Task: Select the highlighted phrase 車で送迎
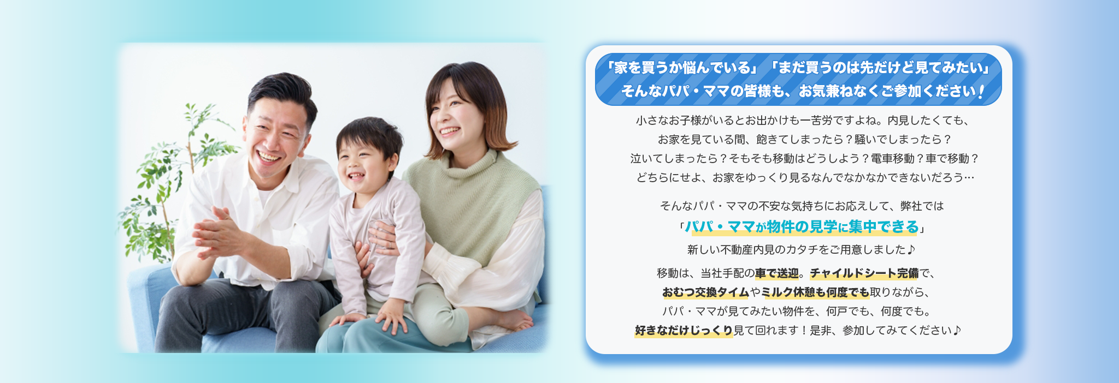(x=777, y=273)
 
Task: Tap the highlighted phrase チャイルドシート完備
(x=864, y=273)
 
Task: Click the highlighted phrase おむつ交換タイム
(x=705, y=292)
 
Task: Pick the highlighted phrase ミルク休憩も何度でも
(x=815, y=292)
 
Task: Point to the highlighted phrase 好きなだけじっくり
(x=684, y=330)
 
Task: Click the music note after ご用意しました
(x=911, y=249)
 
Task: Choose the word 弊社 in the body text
(x=911, y=206)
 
